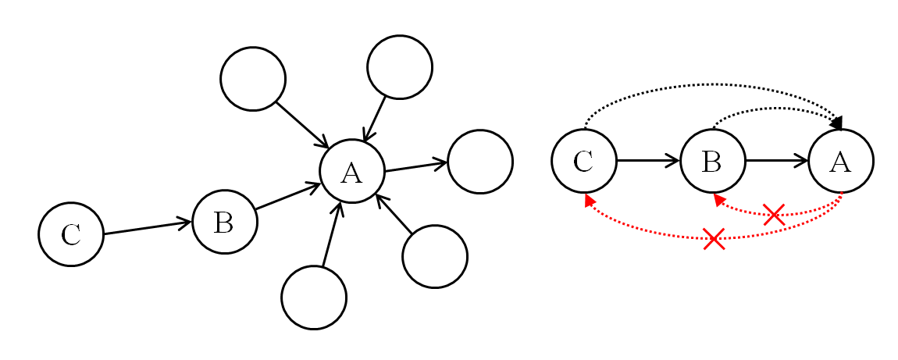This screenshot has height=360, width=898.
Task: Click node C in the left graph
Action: tap(71, 234)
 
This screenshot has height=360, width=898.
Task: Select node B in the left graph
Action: tap(224, 222)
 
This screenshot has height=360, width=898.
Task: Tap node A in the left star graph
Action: tap(352, 171)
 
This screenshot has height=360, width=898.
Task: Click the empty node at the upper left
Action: tap(253, 79)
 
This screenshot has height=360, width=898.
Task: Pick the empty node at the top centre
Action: tap(400, 67)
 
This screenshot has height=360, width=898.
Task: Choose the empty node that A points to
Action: tap(480, 162)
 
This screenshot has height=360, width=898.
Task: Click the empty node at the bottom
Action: tap(314, 298)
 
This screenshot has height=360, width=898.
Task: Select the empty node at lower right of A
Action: tap(435, 256)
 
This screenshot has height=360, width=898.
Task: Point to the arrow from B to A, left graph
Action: tap(287, 197)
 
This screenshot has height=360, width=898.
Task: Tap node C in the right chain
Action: tap(584, 161)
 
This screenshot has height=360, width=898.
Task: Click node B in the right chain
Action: tap(712, 161)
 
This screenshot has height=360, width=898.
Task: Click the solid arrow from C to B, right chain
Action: tap(648, 161)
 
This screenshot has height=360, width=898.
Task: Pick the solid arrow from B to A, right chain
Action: tap(776, 161)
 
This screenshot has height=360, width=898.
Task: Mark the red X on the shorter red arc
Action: tap(774, 214)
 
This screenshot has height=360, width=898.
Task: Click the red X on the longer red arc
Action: tap(714, 238)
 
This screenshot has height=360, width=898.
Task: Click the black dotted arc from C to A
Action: tap(712, 84)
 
